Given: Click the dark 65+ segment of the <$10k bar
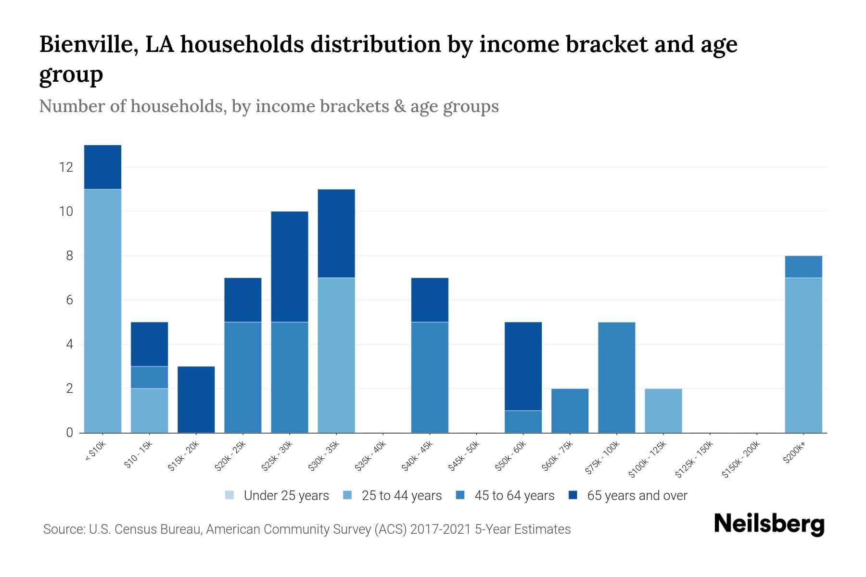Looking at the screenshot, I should click(102, 167).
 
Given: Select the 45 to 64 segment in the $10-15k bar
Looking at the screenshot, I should click(149, 377).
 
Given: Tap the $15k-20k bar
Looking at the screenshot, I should click(196, 400).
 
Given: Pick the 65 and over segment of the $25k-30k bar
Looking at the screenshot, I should click(290, 266).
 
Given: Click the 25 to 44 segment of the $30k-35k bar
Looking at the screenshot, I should click(336, 355).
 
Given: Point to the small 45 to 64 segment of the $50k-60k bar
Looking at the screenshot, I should click(523, 422).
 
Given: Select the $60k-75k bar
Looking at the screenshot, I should click(570, 411).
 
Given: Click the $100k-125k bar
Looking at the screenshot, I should click(663, 411).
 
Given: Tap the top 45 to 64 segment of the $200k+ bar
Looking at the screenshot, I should click(803, 267).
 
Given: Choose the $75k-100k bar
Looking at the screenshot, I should click(616, 377).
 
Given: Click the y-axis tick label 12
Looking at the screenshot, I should click(66, 167).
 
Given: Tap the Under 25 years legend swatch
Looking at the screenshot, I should click(230, 495).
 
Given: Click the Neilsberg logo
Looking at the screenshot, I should click(769, 524).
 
